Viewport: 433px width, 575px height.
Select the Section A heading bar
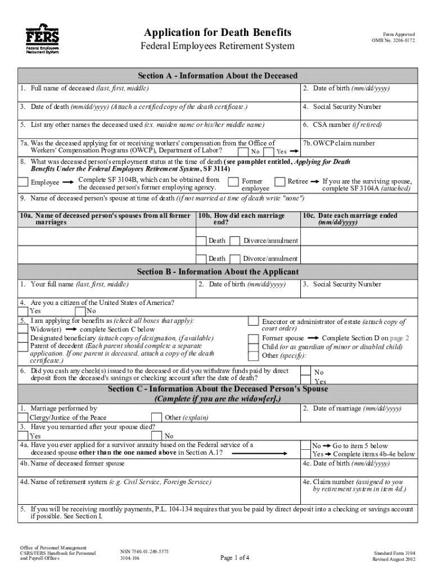(217, 76)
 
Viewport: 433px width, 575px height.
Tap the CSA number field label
(342, 125)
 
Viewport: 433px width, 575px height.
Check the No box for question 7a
(242, 152)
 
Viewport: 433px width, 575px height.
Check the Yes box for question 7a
(269, 152)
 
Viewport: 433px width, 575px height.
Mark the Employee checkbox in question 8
(23, 182)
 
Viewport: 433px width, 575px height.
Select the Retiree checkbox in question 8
(279, 181)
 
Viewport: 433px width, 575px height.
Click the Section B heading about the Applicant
(217, 272)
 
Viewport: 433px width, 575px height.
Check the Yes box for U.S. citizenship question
(23, 311)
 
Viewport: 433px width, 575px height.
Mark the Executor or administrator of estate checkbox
(254, 322)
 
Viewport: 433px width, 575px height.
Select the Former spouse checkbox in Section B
(254, 339)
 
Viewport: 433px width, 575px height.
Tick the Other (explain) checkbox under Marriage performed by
(157, 417)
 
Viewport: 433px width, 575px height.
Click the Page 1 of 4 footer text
(234, 558)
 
